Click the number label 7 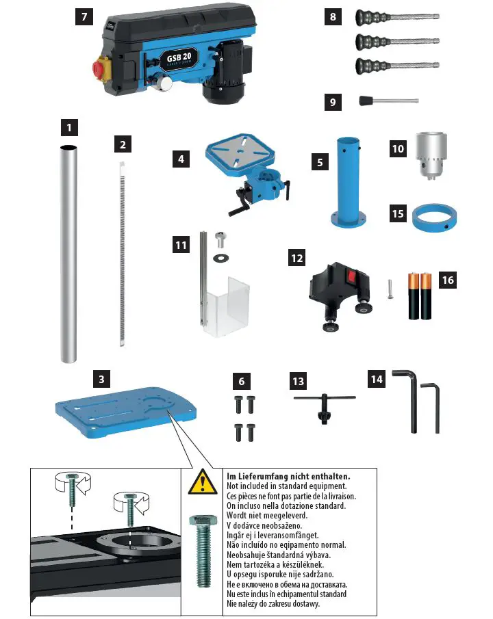pos(84,18)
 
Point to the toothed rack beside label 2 pos(122,253)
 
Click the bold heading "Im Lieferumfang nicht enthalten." pos(288,476)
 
